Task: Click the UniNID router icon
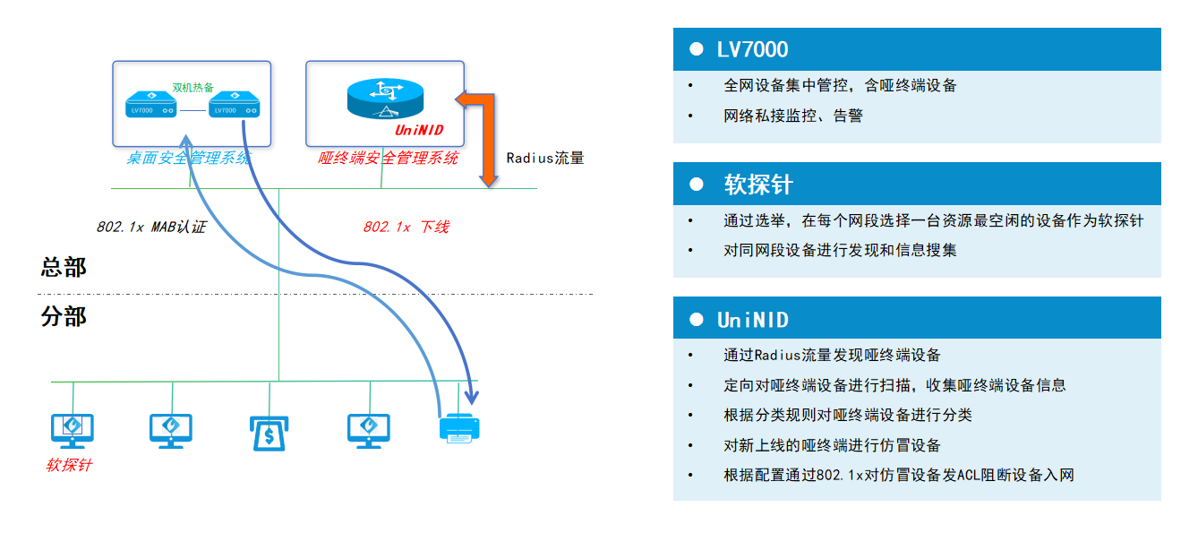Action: point(385,98)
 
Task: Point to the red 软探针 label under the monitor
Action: point(69,466)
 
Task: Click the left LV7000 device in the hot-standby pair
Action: point(149,106)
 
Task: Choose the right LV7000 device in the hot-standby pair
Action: point(235,106)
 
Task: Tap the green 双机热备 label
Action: point(193,88)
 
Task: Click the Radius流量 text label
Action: point(545,159)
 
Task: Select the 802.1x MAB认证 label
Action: point(151,228)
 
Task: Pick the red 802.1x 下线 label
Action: point(406,228)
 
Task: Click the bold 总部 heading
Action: point(64,268)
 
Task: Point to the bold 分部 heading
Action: point(64,317)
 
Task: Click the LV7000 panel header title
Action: point(752,50)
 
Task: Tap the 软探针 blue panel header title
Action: point(758,185)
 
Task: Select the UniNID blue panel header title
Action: point(752,320)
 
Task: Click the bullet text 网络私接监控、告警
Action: point(792,116)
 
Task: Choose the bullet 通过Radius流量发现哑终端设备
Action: point(832,356)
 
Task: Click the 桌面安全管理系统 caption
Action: point(189,159)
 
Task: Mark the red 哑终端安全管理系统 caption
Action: point(389,159)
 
